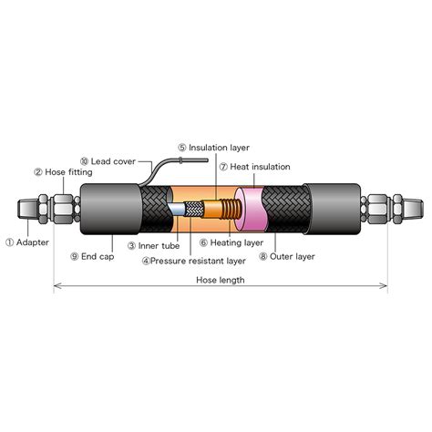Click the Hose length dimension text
221,280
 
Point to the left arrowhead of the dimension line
57,285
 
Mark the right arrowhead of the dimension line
384,285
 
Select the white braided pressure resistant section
194,210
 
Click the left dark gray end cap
110,209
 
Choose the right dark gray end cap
334,209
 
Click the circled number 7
223,167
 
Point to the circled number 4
146,262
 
